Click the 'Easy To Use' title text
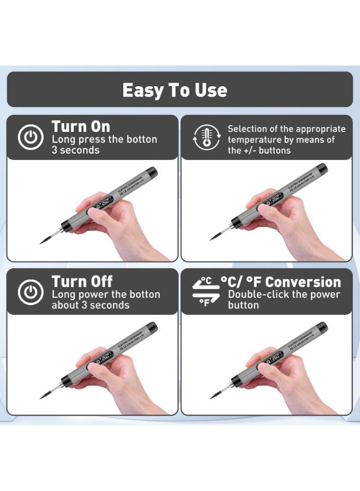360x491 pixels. (x=175, y=89)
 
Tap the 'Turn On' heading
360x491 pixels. (x=81, y=127)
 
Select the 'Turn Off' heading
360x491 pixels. (x=82, y=282)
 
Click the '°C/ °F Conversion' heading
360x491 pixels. (x=281, y=282)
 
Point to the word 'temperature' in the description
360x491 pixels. (x=253, y=140)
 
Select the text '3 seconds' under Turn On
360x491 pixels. (x=76, y=150)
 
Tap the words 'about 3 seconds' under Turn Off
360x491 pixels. (x=91, y=305)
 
